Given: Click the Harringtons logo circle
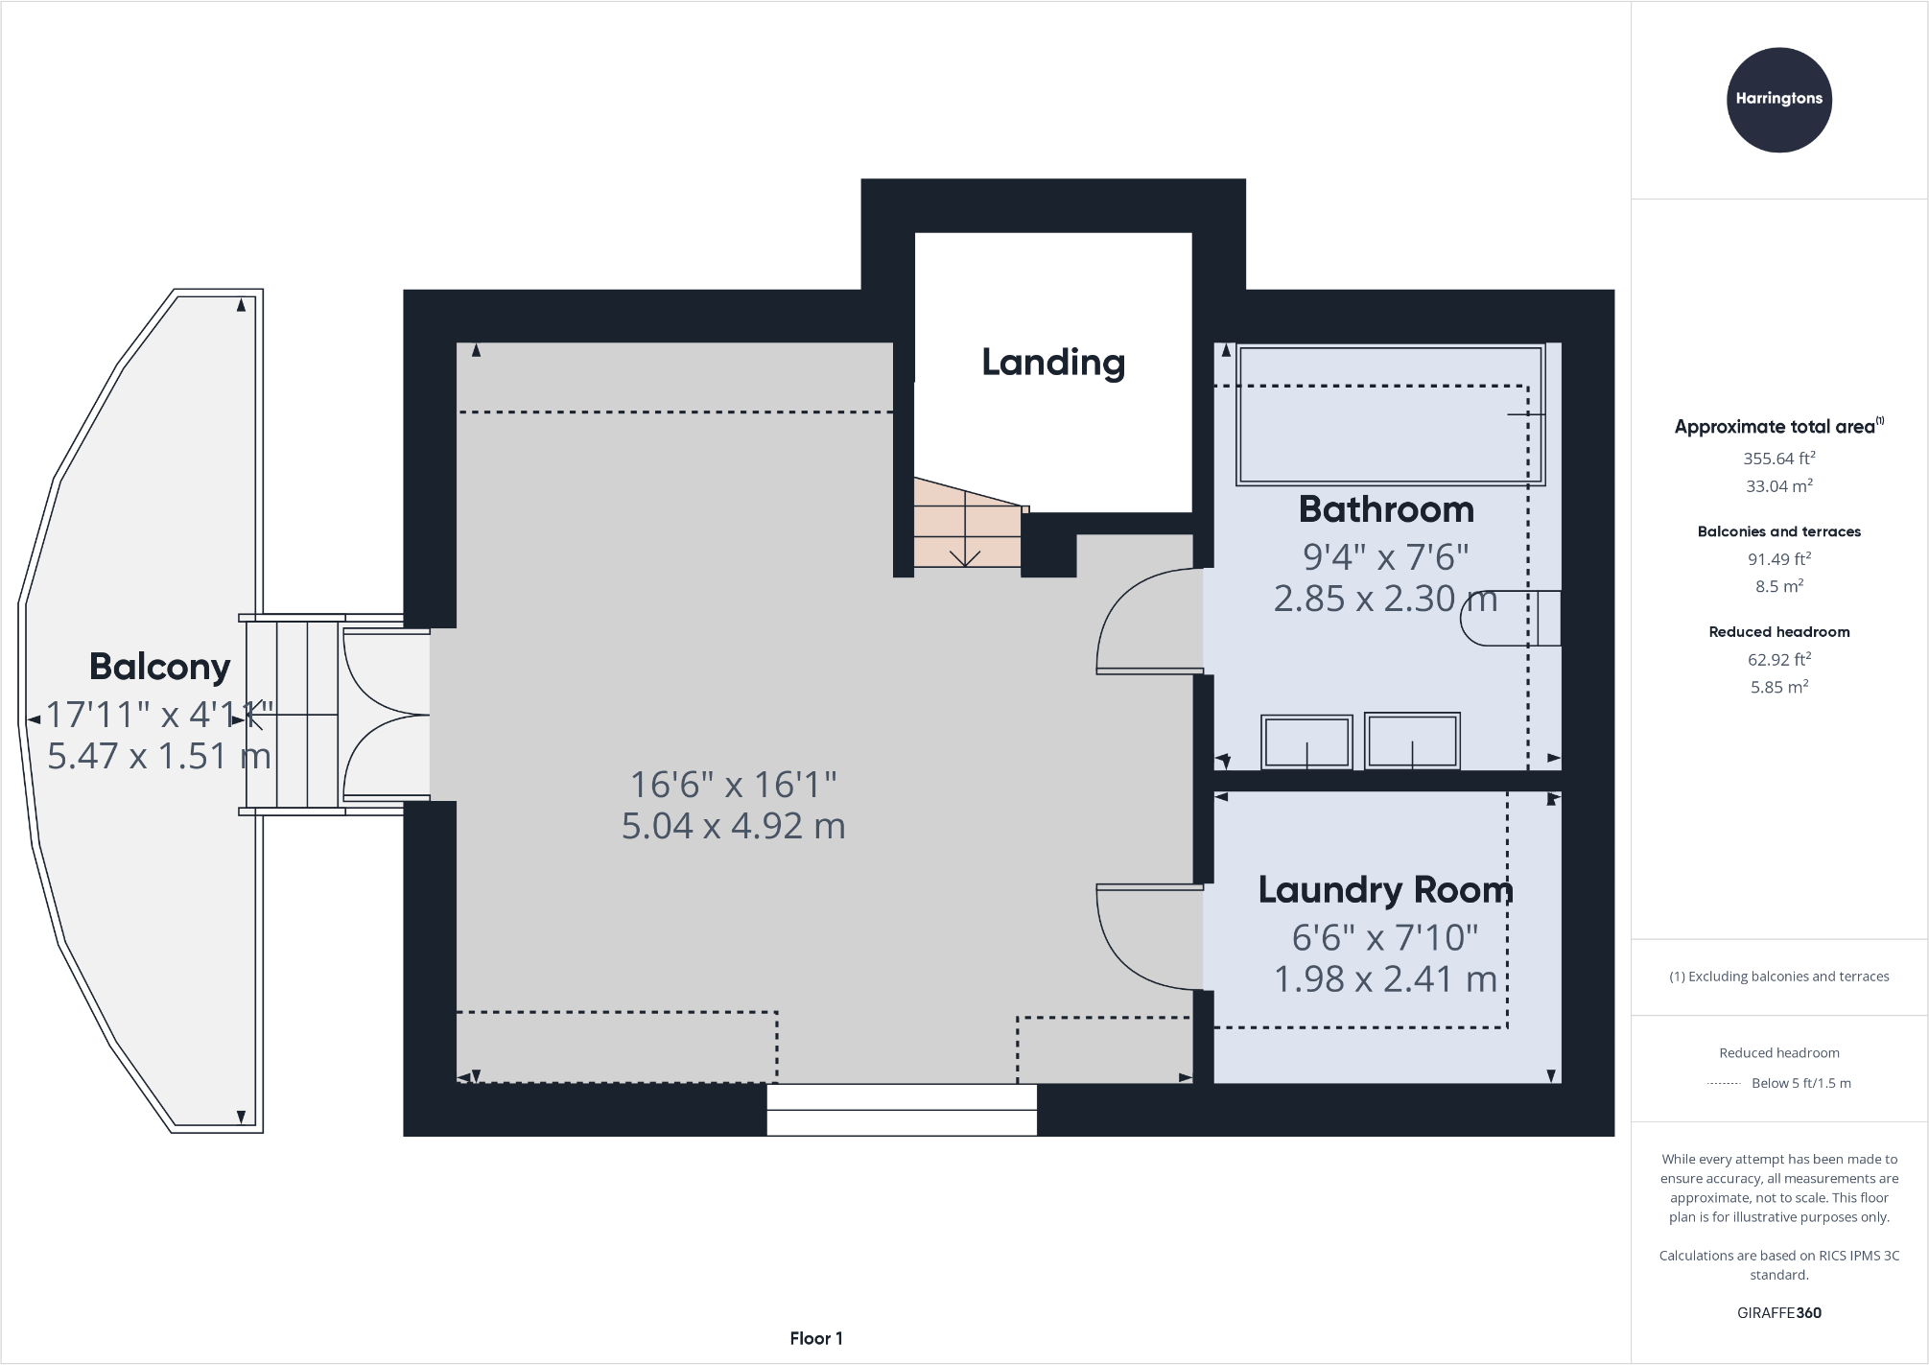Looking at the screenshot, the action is pos(1778,100).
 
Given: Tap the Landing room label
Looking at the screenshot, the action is pos(1053,363).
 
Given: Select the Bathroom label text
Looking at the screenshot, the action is pos(1386,509).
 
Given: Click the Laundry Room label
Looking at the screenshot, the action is pos(1386,890).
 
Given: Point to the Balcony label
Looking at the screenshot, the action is pos(159,667).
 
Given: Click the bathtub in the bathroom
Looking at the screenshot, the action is pos(1390,414).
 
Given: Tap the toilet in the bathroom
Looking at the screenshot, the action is pos(1511,619).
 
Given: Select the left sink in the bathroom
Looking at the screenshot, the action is pos(1306,741).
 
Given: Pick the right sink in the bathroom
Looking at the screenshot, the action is pos(1412,741).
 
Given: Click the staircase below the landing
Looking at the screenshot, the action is pos(966,523).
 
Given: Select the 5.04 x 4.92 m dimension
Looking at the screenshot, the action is pos(734,826).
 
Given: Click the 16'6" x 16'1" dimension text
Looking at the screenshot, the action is pos(734,785).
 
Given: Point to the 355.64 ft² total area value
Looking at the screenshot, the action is pos(1778,459).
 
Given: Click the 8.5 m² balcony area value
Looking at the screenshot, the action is pos(1778,586).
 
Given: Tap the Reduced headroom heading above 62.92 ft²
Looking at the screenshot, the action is pos(1778,632).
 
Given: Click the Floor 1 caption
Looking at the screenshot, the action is pos(816,1338).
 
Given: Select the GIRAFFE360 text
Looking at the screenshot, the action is pos(1778,1313).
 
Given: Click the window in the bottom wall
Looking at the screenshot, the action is pos(902,1110).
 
